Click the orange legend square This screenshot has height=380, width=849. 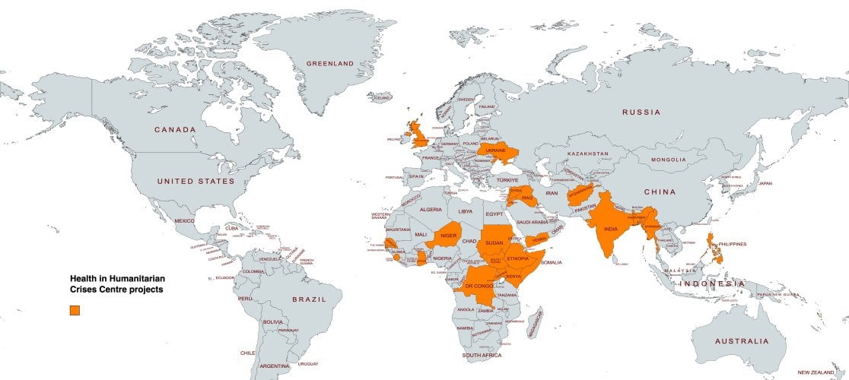[x=75, y=310]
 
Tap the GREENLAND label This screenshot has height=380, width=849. [x=330, y=63]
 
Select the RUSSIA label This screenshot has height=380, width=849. [x=642, y=112]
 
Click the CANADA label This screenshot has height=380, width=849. [x=175, y=130]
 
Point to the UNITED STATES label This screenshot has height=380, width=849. [x=196, y=182]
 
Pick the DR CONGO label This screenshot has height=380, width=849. [x=479, y=286]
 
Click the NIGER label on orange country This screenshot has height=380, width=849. [x=449, y=236]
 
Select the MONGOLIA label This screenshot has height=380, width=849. [x=667, y=160]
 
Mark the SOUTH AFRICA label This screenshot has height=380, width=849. [x=482, y=355]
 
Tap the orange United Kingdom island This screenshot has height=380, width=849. [x=417, y=134]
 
